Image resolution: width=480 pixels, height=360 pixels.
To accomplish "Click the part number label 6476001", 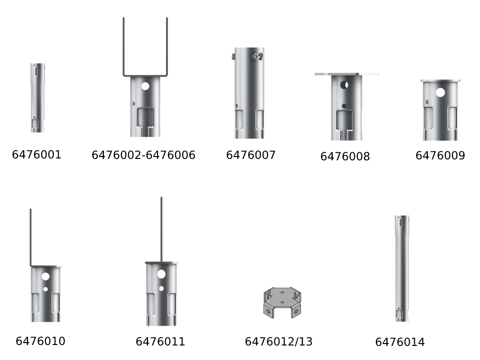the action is coord(37,155).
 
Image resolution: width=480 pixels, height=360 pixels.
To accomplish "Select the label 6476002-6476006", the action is coord(143,155).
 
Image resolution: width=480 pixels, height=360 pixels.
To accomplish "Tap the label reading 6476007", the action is coord(251,155).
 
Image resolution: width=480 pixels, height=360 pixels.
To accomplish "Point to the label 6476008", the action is coord(345,157).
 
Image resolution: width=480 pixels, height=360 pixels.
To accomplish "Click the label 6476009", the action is coord(440,156).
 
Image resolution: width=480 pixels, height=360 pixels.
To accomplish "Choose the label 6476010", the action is coord(40,341).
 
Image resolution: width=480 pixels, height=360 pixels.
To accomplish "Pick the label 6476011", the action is coord(160,342).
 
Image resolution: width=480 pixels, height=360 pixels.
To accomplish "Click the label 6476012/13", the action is coord(278,342).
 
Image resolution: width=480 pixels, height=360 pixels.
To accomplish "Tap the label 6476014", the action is coord(400,342).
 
